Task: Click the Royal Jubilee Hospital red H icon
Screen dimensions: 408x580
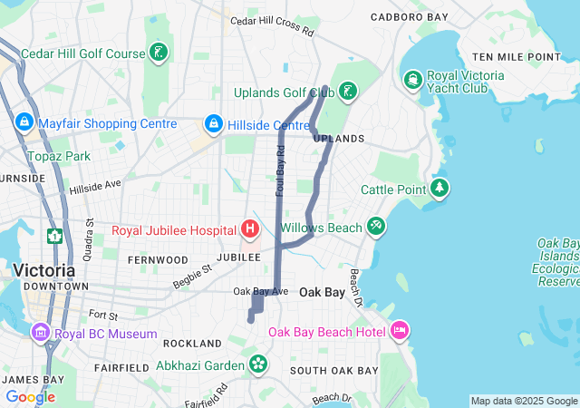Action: (x=250, y=229)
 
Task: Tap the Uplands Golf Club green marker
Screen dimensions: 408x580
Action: (x=347, y=92)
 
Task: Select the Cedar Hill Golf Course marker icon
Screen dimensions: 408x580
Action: (x=159, y=53)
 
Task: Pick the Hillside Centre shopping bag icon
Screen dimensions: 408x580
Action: (x=213, y=123)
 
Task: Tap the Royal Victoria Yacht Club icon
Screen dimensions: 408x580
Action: (x=413, y=81)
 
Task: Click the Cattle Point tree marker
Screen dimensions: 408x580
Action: (x=440, y=189)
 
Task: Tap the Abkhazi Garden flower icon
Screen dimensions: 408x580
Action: (x=258, y=364)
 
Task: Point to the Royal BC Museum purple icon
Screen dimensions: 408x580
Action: (x=41, y=333)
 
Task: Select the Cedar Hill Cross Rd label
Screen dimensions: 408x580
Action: (x=272, y=25)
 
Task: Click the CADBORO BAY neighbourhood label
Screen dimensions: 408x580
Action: (x=410, y=17)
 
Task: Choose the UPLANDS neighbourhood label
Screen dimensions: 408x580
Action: (x=339, y=139)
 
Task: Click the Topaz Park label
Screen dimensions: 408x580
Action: (x=58, y=156)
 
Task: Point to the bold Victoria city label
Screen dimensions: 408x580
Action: (x=43, y=270)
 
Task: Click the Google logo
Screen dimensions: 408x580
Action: (x=30, y=396)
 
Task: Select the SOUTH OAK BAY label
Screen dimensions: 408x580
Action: (x=333, y=371)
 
